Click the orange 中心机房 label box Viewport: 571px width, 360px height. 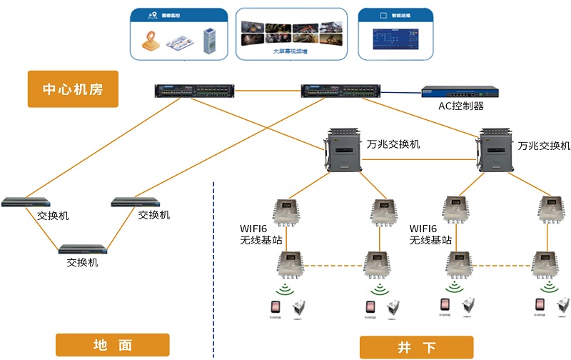pyautogui.click(x=72, y=89)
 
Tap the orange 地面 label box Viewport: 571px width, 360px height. pyautogui.click(x=113, y=344)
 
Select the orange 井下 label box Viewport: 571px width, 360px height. pyautogui.click(x=416, y=348)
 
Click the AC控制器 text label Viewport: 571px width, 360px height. pyautogui.click(x=460, y=106)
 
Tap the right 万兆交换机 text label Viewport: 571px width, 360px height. pyautogui.click(x=544, y=145)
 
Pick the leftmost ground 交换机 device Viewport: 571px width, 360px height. pyautogui.click(x=26, y=202)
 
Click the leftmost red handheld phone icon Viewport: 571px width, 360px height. pyautogui.click(x=273, y=307)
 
